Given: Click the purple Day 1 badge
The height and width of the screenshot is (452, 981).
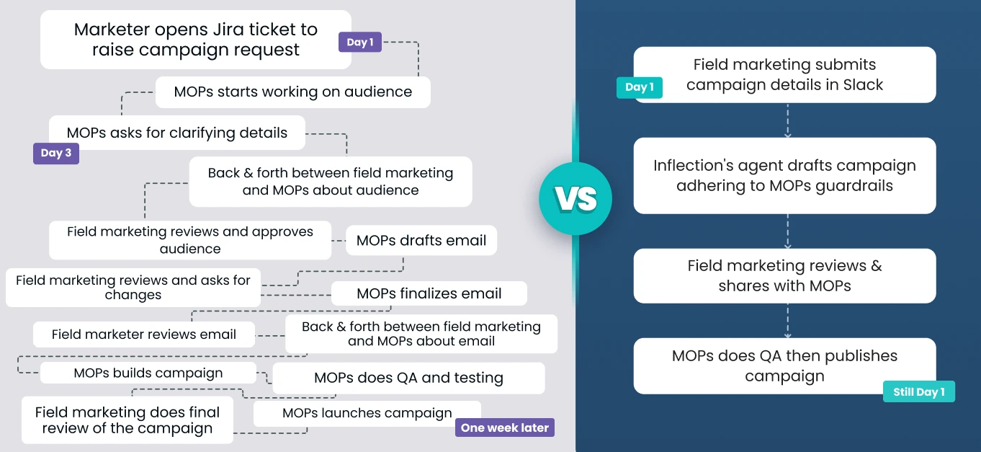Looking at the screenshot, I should [x=359, y=43].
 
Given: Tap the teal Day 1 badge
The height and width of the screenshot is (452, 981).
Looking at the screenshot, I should [x=639, y=88].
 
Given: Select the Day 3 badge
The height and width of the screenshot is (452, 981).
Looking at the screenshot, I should [x=55, y=153].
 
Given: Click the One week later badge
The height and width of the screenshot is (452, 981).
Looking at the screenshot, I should [x=504, y=427].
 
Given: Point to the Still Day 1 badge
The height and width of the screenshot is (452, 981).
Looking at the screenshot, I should [x=918, y=392].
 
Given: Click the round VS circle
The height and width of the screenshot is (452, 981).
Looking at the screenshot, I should [x=575, y=198].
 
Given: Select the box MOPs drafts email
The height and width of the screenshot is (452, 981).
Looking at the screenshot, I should [x=421, y=241].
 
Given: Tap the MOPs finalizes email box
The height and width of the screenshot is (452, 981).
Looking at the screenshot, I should [x=429, y=293].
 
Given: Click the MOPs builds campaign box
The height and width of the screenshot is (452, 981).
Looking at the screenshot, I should [x=148, y=373].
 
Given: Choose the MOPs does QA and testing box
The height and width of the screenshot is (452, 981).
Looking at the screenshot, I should [x=408, y=378].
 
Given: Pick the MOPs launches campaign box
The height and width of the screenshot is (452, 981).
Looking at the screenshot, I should [x=367, y=413].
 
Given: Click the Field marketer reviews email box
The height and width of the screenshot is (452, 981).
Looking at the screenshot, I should [x=144, y=334].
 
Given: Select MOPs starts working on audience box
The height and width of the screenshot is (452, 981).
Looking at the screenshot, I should [x=292, y=92].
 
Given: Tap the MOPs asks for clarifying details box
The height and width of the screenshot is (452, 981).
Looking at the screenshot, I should [x=177, y=133].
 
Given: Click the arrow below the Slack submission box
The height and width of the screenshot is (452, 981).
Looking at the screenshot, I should [x=787, y=120].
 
